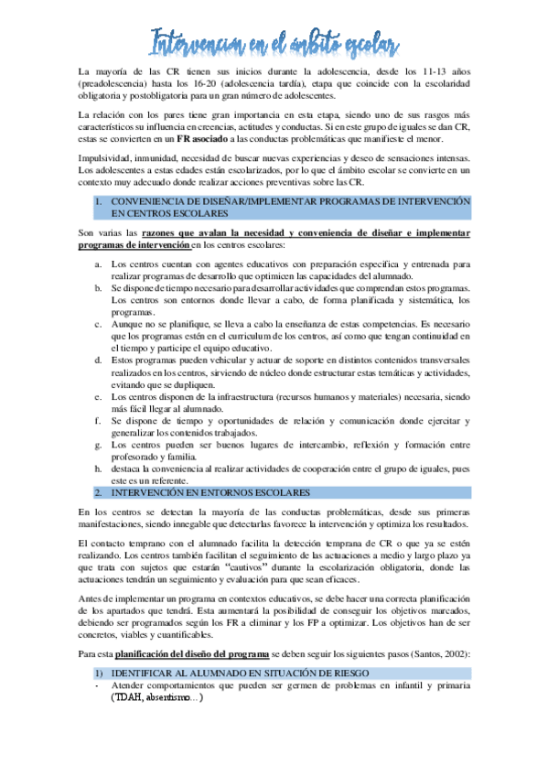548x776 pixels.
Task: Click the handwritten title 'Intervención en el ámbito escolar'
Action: (274, 40)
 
